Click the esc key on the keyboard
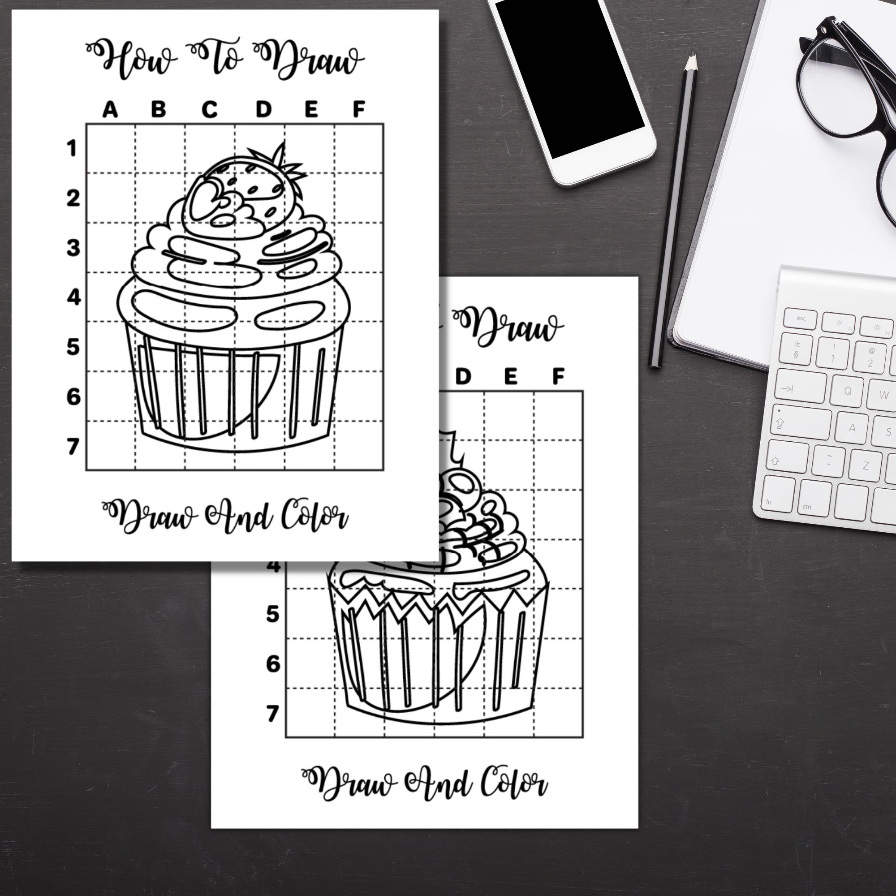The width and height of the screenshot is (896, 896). coord(800,319)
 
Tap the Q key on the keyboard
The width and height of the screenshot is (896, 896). coord(848,391)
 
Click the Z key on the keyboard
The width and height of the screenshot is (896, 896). coord(866,466)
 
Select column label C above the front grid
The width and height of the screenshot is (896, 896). coord(209,110)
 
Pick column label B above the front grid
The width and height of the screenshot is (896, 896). coord(158,110)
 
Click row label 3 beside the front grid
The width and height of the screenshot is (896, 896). coord(73,248)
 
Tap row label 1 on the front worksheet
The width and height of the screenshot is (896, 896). coord(72,149)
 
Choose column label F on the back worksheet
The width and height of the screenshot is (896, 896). coord(558,376)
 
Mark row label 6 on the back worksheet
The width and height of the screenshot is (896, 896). coord(273,664)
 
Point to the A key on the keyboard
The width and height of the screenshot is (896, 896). coord(852,427)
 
